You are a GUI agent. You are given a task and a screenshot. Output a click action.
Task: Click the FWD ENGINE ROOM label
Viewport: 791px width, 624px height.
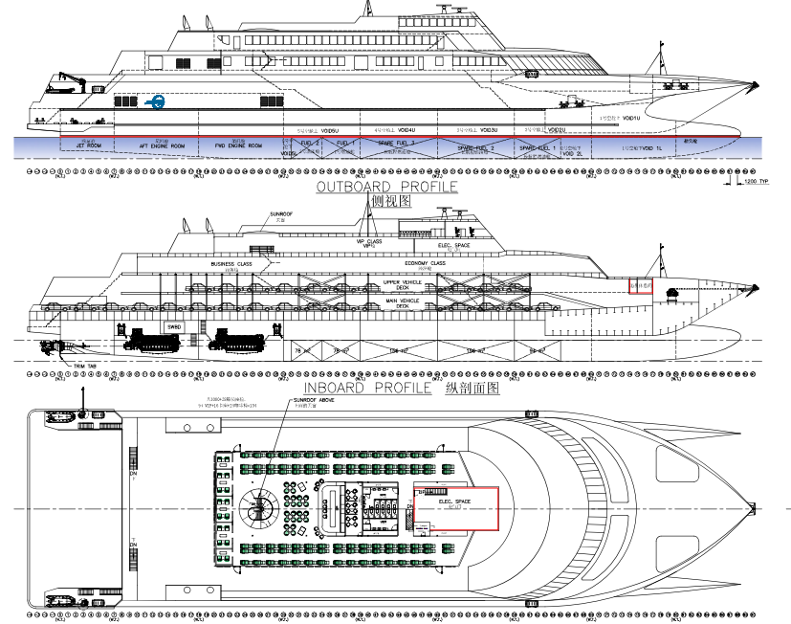click(x=239, y=145)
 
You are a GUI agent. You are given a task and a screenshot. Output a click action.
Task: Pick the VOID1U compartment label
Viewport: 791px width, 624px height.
click(x=627, y=118)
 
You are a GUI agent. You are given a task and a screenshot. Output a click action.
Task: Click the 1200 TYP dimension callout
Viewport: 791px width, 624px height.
click(x=757, y=180)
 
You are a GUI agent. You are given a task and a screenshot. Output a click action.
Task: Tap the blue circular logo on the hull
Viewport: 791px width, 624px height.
click(x=155, y=100)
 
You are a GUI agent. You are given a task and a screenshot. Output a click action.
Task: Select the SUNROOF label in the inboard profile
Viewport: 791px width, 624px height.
click(x=280, y=214)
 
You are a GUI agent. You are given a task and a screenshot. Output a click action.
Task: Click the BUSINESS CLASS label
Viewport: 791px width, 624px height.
click(x=231, y=263)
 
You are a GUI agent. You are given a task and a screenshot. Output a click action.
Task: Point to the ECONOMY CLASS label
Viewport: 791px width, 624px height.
click(x=425, y=263)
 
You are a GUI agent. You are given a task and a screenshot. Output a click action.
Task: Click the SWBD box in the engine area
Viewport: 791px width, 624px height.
click(x=173, y=326)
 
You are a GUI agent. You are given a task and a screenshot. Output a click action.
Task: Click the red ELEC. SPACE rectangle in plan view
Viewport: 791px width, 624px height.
click(x=456, y=507)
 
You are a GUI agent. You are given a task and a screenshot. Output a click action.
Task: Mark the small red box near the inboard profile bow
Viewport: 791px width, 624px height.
click(x=639, y=286)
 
